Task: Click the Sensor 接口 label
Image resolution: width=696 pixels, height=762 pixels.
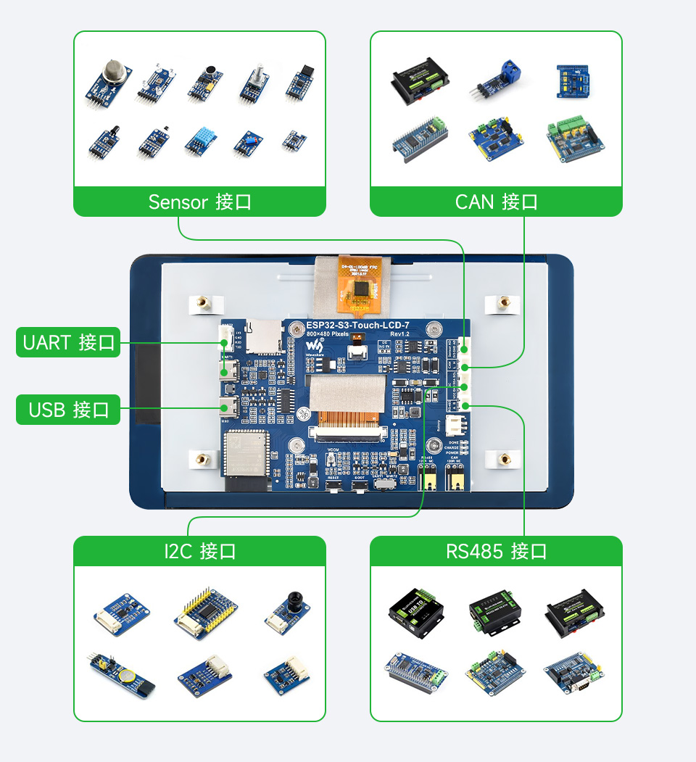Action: pos(199,202)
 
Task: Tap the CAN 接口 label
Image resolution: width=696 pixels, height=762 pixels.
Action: pos(496,202)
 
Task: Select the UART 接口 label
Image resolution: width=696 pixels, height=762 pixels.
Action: pos(69,342)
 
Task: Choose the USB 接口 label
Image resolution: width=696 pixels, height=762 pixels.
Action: pos(69,410)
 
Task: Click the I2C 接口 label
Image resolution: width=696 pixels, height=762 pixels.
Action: pos(199,551)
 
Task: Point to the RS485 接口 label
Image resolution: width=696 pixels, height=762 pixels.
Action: pos(496,551)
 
